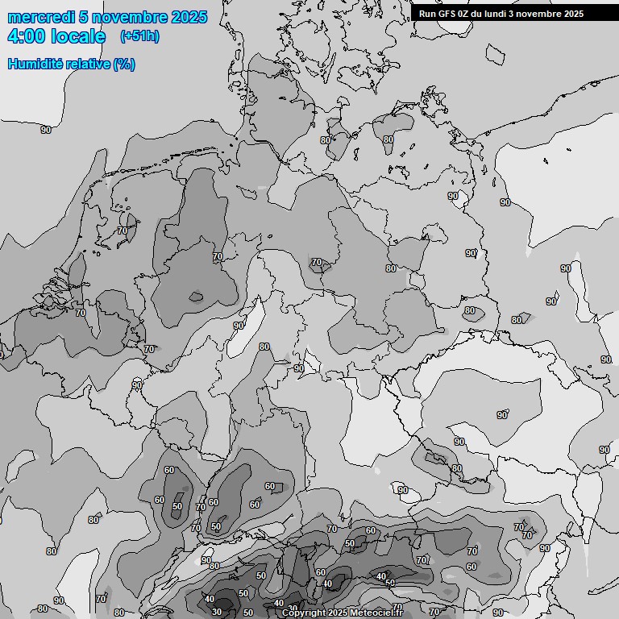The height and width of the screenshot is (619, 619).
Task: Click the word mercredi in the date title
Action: pos(41,17)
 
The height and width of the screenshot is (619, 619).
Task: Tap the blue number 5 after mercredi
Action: pos(85,17)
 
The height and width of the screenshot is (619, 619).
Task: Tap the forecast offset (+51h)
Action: pos(139,36)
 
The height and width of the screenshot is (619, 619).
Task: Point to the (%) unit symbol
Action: pos(124,64)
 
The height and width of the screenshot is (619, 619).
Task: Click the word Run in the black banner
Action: pos(427,14)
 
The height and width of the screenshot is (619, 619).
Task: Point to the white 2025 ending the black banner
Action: pos(573,14)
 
